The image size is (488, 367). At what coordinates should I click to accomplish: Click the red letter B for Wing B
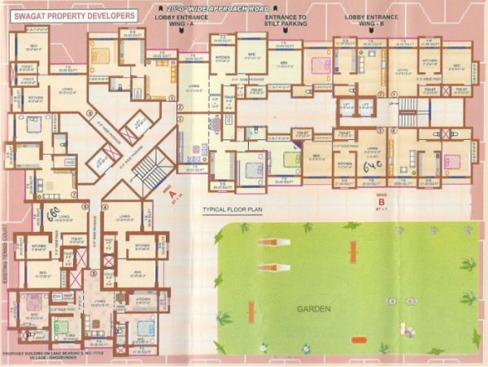[381, 200]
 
